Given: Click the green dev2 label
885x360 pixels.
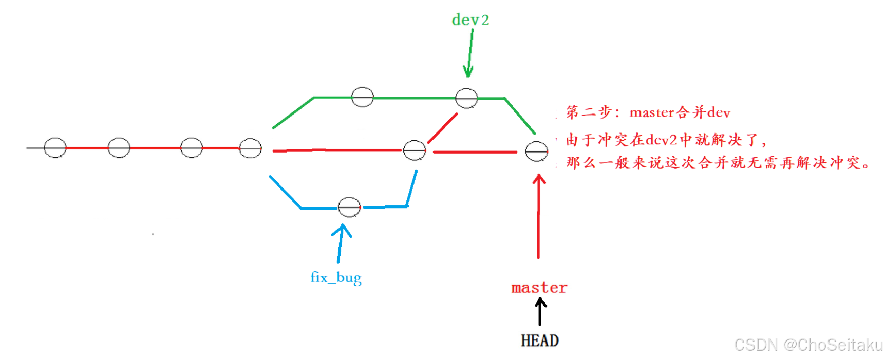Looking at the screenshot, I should pyautogui.click(x=470, y=20).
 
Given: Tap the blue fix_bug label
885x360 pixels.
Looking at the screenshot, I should pyautogui.click(x=336, y=278).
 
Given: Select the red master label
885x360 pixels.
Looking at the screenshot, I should pyautogui.click(x=539, y=288).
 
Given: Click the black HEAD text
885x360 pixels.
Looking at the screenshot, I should pyautogui.click(x=539, y=340).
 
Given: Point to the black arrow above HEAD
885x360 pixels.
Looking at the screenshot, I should pyautogui.click(x=540, y=312).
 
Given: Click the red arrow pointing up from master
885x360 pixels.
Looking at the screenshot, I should pyautogui.click(x=538, y=216).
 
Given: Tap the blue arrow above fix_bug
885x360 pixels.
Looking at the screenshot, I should pyautogui.click(x=340, y=243).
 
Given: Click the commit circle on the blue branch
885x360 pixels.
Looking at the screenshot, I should pyautogui.click(x=349, y=207).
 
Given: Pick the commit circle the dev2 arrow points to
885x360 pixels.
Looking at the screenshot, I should pyautogui.click(x=466, y=98).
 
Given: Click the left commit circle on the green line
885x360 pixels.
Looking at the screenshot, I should pyautogui.click(x=362, y=97).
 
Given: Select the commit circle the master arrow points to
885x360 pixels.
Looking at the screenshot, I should pyautogui.click(x=536, y=151).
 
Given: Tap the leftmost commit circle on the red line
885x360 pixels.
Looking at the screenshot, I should pyautogui.click(x=55, y=148).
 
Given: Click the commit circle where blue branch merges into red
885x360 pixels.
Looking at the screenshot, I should pyautogui.click(x=414, y=150).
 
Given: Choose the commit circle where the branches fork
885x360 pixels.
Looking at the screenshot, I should pyautogui.click(x=251, y=148).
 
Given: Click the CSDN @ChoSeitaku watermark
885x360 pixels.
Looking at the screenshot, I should pyautogui.click(x=808, y=345).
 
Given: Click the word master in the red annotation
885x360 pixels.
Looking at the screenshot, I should pyautogui.click(x=651, y=112).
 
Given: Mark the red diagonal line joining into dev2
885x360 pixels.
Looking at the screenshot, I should pyautogui.click(x=442, y=128).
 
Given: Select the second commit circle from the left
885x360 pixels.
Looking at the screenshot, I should pyautogui.click(x=119, y=148).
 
